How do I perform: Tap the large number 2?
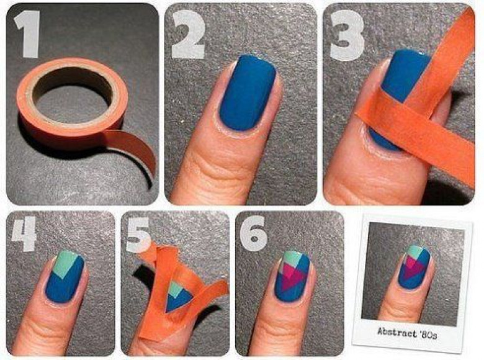pos(187,34)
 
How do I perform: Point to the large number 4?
pos(24,233)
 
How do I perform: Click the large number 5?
pos(138,234)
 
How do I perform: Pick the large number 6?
pos(253,233)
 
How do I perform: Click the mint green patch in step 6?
pos(294,259)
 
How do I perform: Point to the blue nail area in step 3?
pos(401,76)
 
